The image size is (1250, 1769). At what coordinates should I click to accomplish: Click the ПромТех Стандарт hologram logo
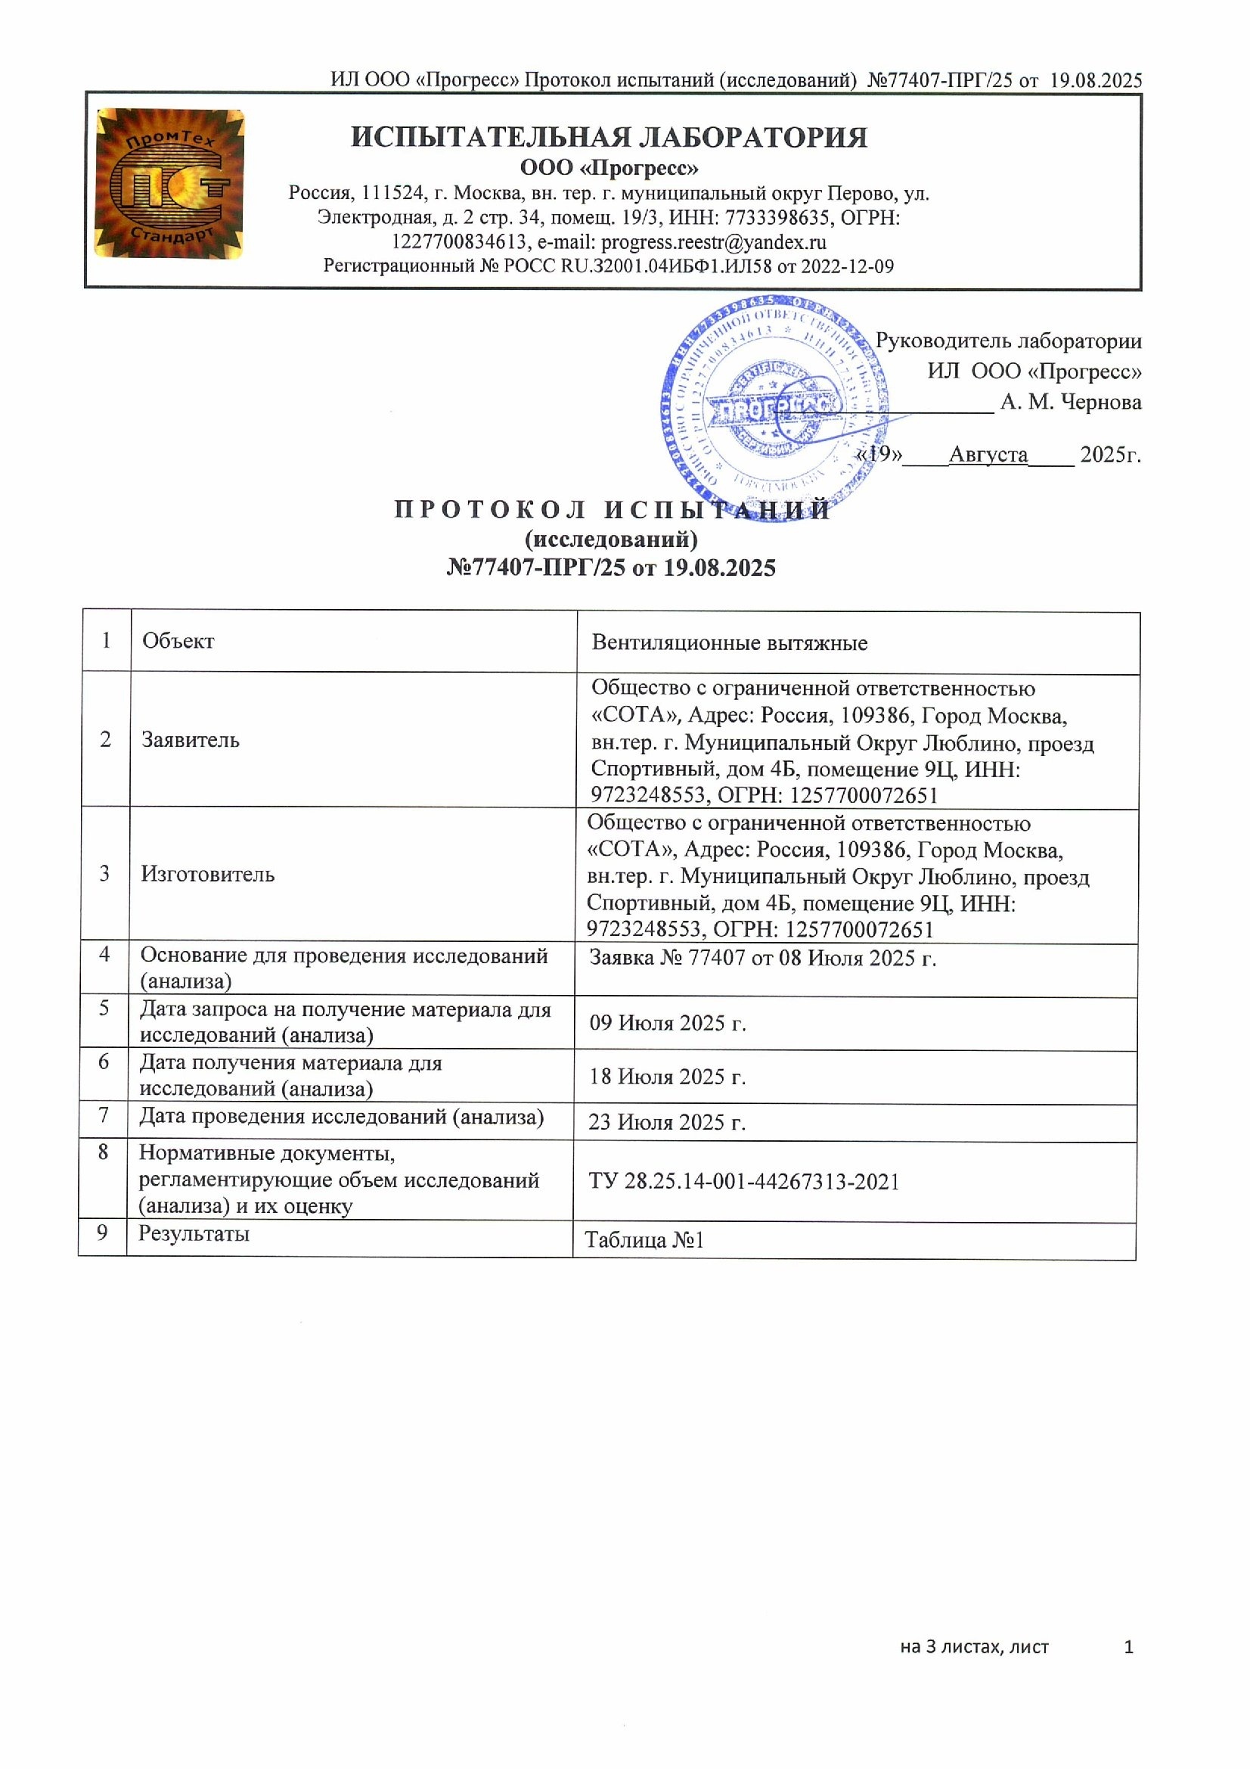point(169,183)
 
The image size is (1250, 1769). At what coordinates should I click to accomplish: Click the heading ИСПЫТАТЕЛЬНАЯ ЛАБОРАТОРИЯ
point(609,137)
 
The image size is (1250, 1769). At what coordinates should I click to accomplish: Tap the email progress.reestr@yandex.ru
point(713,243)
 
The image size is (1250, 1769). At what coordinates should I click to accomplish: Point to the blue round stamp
point(774,409)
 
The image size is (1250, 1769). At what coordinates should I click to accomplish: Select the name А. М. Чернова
point(1071,403)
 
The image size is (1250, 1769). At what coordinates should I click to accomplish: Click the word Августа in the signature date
point(988,455)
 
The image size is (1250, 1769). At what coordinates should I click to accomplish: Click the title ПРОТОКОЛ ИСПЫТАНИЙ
point(613,510)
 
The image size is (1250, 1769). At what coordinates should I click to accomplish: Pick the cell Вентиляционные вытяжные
point(730,642)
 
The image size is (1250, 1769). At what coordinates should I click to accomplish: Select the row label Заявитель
point(191,740)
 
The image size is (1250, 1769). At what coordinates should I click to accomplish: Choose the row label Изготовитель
point(207,874)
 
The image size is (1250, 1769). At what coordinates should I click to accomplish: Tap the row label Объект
point(178,641)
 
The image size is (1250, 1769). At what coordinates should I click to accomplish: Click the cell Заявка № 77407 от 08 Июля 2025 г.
point(762,958)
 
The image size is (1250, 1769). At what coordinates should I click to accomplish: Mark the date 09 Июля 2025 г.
point(668,1023)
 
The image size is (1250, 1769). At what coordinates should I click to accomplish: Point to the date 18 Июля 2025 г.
point(668,1077)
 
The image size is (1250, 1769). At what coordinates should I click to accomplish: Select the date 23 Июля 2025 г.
point(667,1122)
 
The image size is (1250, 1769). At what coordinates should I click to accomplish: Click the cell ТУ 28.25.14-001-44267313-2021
point(744,1181)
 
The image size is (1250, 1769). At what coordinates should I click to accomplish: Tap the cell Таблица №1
point(644,1239)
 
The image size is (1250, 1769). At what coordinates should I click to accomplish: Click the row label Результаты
point(194,1233)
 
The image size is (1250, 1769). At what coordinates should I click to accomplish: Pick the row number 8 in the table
point(103,1152)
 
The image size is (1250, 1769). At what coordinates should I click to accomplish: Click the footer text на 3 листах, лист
point(974,1647)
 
